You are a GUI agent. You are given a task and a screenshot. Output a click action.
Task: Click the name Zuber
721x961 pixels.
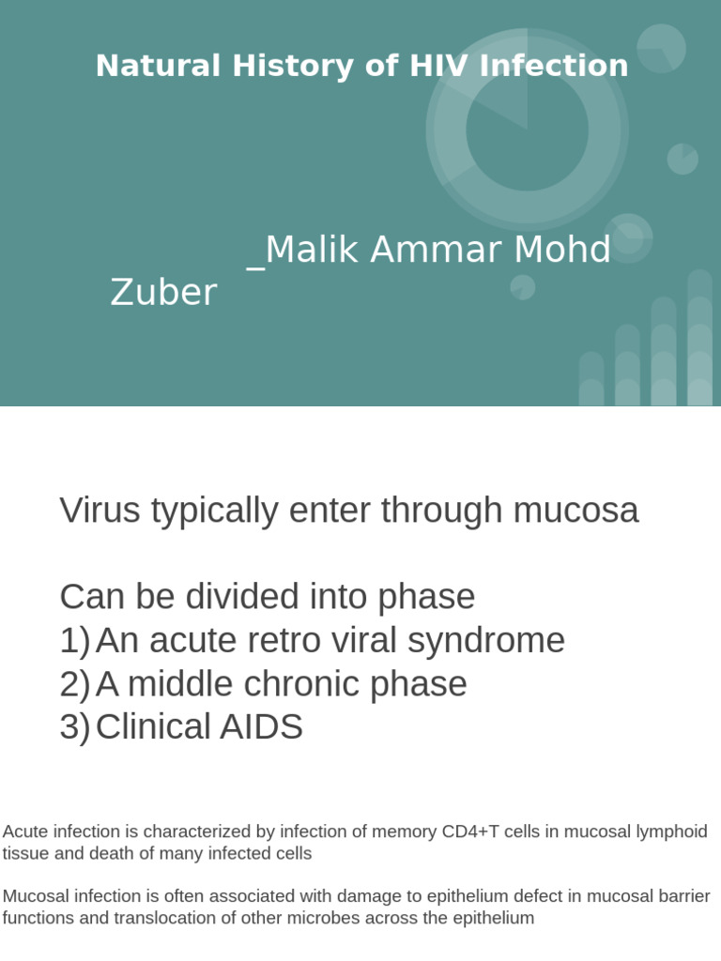[163, 293]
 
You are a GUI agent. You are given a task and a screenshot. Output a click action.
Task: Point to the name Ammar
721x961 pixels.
[438, 250]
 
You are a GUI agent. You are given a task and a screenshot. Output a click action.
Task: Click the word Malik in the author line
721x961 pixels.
[311, 250]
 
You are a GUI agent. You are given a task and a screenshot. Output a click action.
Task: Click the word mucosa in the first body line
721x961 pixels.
[575, 511]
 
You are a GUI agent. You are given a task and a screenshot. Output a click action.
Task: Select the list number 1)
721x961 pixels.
[74, 641]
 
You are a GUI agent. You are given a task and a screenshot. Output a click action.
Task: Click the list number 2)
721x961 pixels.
[74, 684]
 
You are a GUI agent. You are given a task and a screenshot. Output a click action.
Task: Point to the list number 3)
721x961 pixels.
[74, 727]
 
